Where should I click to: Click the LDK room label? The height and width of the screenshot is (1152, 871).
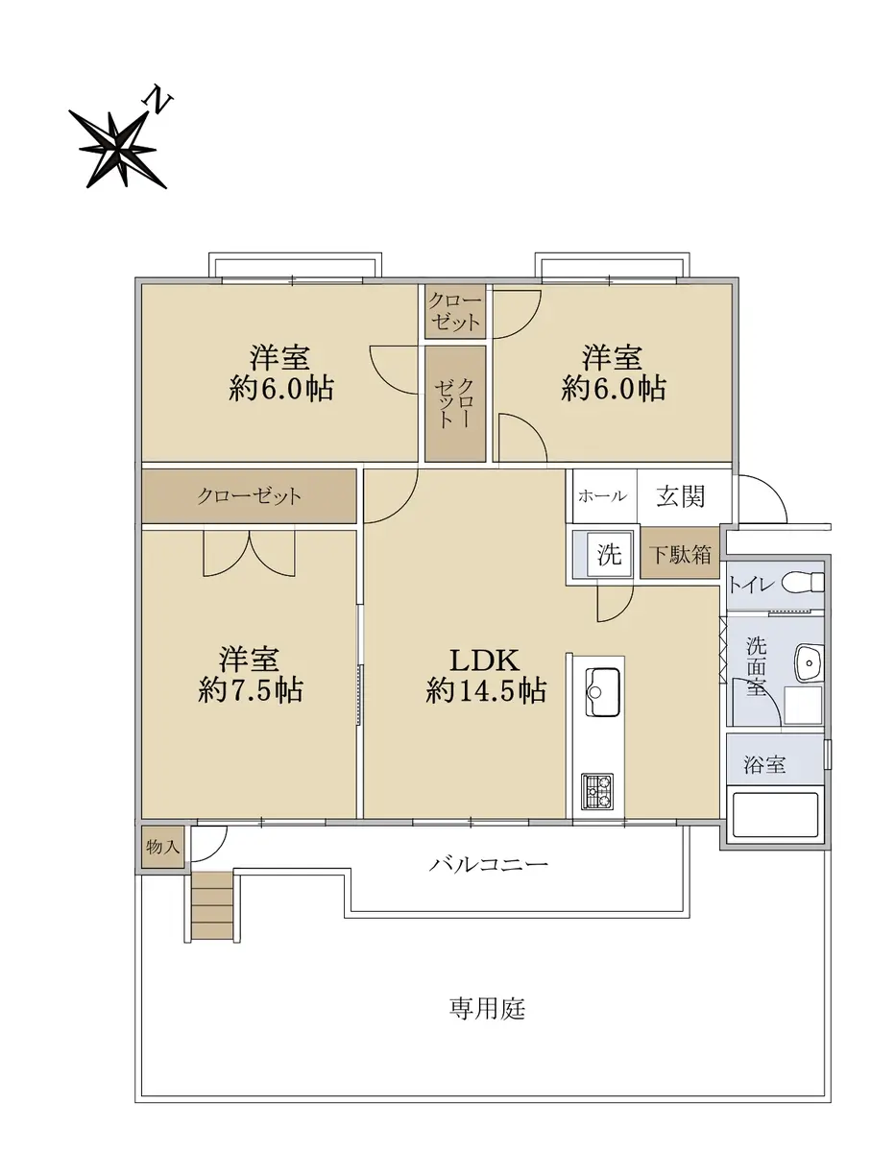(484, 660)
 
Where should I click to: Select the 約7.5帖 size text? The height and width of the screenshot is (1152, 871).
(250, 690)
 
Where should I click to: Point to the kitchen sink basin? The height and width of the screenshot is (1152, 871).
(602, 691)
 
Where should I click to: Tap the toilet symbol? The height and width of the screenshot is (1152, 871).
(802, 583)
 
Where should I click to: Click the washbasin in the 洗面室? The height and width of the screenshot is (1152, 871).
(809, 663)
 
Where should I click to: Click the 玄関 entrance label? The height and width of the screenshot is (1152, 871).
(680, 496)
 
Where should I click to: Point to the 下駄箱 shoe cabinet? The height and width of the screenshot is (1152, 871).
(679, 554)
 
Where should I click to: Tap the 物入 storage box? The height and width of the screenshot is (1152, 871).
(162, 847)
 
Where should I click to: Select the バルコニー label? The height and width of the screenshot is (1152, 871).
(488, 864)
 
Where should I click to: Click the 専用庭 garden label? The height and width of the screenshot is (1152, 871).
(487, 1008)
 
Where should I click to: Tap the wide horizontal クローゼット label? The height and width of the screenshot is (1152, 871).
(249, 496)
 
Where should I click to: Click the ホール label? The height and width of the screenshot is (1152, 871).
(602, 496)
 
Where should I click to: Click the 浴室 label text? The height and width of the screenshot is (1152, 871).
(763, 765)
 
